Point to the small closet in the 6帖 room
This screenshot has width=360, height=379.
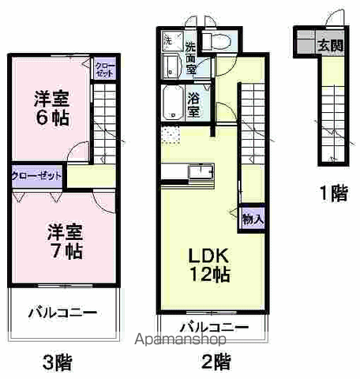click(x=103, y=68)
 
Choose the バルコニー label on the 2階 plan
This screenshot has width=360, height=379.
click(x=213, y=327)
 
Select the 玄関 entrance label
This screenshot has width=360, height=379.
click(x=331, y=44)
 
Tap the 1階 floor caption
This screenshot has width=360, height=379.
click(x=333, y=194)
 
